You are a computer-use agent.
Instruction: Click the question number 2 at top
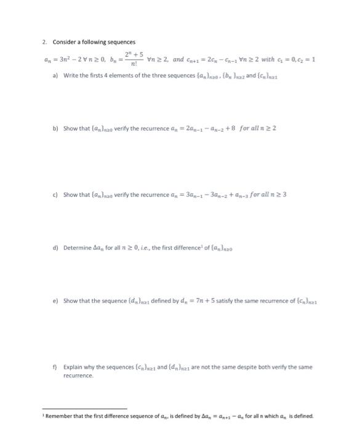[x=45, y=42]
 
